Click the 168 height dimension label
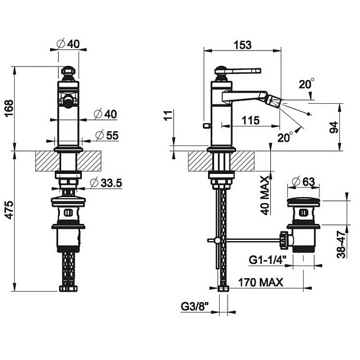pos(9,109)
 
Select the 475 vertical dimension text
pos(9,210)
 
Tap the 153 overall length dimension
pos(242,45)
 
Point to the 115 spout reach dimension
pos(251,120)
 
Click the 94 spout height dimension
pos(334,128)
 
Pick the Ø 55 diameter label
pos(107,135)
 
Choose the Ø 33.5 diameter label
pos(106,183)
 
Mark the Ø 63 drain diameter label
pos(303,182)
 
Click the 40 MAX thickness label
pos(265,195)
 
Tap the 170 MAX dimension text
pos(261,283)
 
